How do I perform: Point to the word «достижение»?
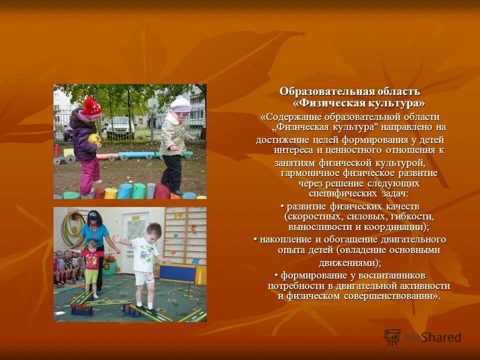click(x=281, y=139)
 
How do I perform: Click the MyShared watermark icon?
click(x=392, y=337)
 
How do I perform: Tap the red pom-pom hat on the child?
click(x=91, y=106)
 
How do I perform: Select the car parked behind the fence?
click(x=118, y=128)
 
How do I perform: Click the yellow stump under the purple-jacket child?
click(x=110, y=193)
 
